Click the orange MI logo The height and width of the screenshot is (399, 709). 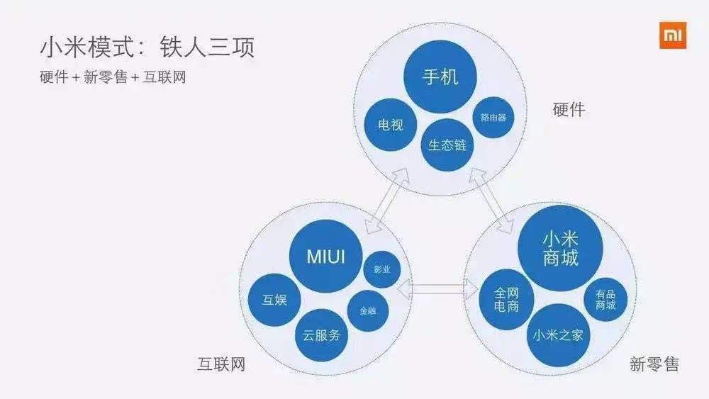[x=673, y=35]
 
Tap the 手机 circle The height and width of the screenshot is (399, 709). [x=440, y=77]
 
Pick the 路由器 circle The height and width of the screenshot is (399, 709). [x=493, y=117]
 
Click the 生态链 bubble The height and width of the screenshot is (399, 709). [x=447, y=145]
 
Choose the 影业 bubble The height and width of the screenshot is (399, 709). [x=382, y=270]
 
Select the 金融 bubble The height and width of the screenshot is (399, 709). [x=368, y=310]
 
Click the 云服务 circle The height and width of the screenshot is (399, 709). [x=321, y=335]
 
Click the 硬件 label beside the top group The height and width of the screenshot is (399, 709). [x=569, y=109]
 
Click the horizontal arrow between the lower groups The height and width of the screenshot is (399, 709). [x=437, y=288]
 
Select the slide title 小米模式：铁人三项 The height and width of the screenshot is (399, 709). [x=147, y=48]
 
